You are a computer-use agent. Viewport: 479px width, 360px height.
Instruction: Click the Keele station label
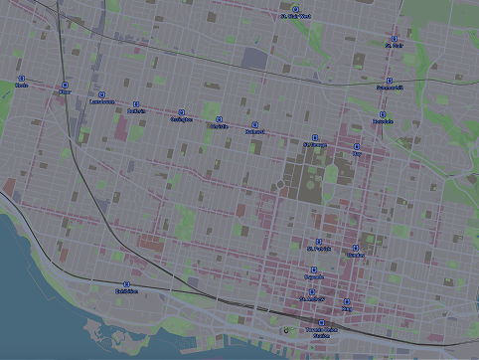(x=21, y=86)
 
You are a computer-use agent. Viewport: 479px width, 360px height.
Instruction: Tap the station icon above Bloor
(x=66, y=86)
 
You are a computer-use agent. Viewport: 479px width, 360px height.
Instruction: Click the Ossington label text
(x=181, y=119)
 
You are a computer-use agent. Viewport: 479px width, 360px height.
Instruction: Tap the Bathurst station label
(x=254, y=131)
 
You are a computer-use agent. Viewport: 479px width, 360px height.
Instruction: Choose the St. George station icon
(x=315, y=136)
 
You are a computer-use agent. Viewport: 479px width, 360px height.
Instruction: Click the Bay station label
(x=357, y=155)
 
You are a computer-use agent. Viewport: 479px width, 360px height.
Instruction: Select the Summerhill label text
(x=390, y=88)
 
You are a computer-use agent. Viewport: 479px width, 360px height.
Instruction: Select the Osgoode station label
(x=314, y=278)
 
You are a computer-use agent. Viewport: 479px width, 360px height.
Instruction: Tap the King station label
(x=347, y=309)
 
